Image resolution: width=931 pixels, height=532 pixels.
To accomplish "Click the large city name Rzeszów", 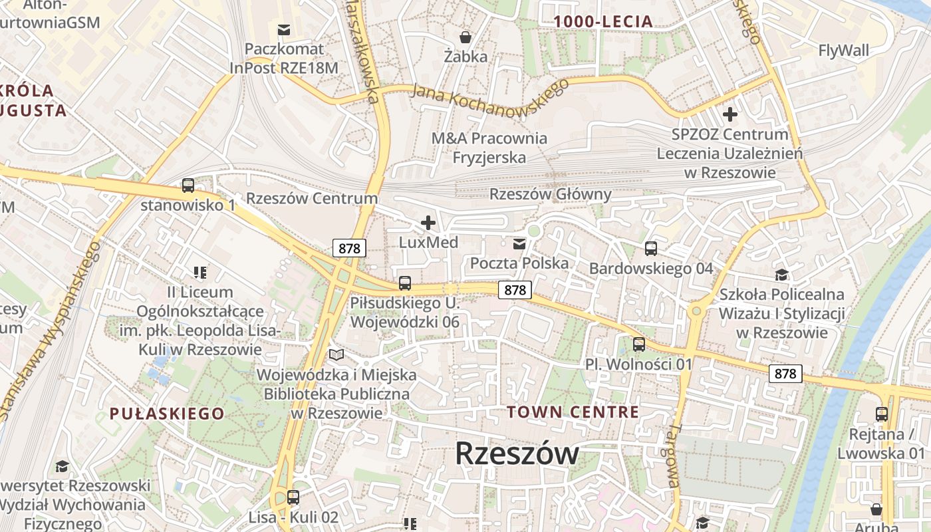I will coord(517,454).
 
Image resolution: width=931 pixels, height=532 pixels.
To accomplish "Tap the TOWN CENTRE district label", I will coord(573,412).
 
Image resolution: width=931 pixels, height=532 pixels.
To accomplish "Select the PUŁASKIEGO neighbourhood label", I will coord(167,414).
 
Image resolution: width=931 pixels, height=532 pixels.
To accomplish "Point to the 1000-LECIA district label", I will coord(603,22).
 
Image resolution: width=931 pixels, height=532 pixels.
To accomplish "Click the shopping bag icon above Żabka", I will coord(466,37).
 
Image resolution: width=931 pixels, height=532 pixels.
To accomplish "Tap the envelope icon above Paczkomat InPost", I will coord(284,29).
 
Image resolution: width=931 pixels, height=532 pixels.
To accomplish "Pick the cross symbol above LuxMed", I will coord(428,223).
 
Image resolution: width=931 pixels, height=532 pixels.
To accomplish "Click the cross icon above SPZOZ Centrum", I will coord(730,114).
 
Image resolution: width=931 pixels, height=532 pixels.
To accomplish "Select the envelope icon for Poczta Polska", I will coord(519,244).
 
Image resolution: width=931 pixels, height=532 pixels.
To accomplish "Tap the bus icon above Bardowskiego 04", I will coord(650,249).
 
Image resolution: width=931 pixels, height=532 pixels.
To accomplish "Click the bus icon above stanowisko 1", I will coord(188,186).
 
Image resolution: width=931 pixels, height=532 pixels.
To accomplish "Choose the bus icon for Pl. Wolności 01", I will coord(638,344).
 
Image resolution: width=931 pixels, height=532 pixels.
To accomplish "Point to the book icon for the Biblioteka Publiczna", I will coord(337,355).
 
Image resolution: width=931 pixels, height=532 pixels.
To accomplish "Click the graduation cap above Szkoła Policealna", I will coord(781,275).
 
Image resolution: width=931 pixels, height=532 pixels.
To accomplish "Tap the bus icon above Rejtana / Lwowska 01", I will coord(881,414).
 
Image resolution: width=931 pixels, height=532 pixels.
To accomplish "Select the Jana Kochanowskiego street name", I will coord(490,97).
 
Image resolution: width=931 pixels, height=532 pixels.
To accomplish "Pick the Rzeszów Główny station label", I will coord(550,195).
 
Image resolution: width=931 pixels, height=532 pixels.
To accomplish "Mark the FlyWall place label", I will coord(843,51).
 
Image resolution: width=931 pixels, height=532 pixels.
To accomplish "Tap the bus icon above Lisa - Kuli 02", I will coord(293,497).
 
